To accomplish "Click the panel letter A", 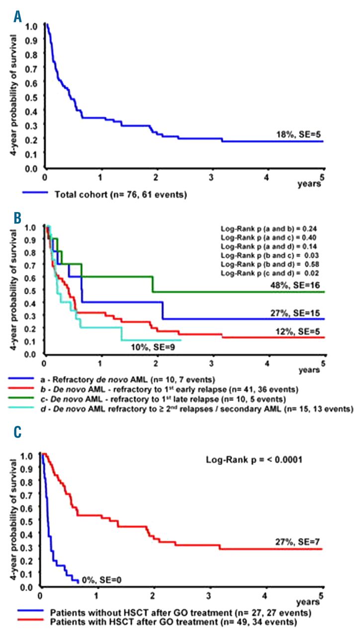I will pyautogui.click(x=18, y=18).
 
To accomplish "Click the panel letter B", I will pyautogui.click(x=18, y=217).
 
